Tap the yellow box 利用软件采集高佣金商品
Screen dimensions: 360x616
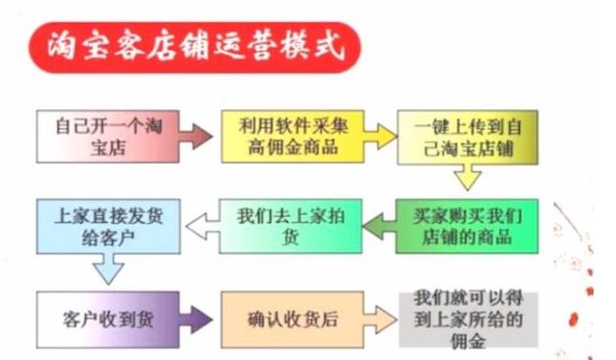(278, 137)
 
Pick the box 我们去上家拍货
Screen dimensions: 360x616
(279, 225)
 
